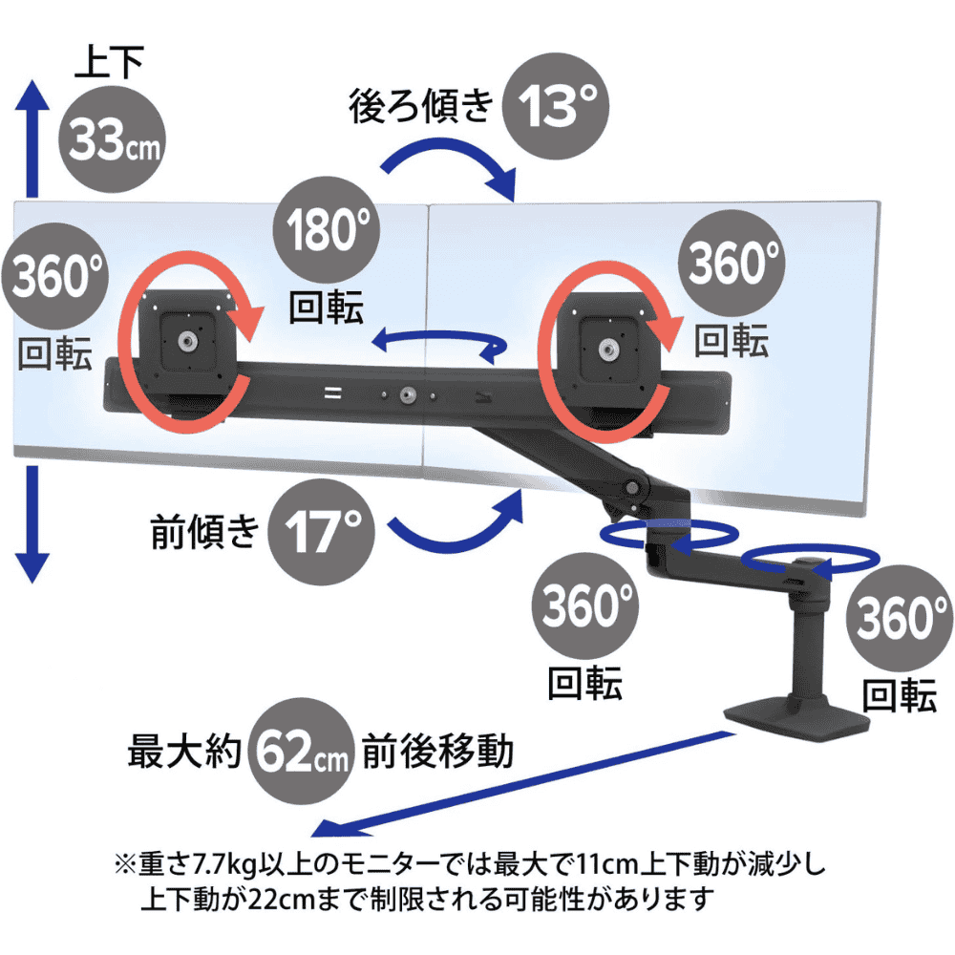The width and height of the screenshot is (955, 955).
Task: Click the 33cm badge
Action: [112, 139]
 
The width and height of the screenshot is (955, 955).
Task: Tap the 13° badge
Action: [556, 106]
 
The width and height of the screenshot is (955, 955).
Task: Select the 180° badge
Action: [327, 229]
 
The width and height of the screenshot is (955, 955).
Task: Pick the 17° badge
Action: [322, 532]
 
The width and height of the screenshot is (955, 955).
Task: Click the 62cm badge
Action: [302, 751]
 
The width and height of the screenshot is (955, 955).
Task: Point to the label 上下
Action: [109, 61]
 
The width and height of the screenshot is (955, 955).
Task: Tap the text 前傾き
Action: [204, 531]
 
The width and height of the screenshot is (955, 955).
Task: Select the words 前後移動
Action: [438, 751]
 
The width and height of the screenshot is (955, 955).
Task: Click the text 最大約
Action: [184, 751]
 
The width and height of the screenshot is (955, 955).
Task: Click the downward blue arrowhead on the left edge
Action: [32, 567]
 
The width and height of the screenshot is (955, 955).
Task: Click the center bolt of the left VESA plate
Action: [186, 342]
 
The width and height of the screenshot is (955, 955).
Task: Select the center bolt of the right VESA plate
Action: [606, 350]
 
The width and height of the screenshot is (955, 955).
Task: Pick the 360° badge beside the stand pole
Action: [899, 618]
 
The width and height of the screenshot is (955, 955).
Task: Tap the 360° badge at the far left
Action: [54, 276]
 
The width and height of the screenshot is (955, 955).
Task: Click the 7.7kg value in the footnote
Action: [224, 864]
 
